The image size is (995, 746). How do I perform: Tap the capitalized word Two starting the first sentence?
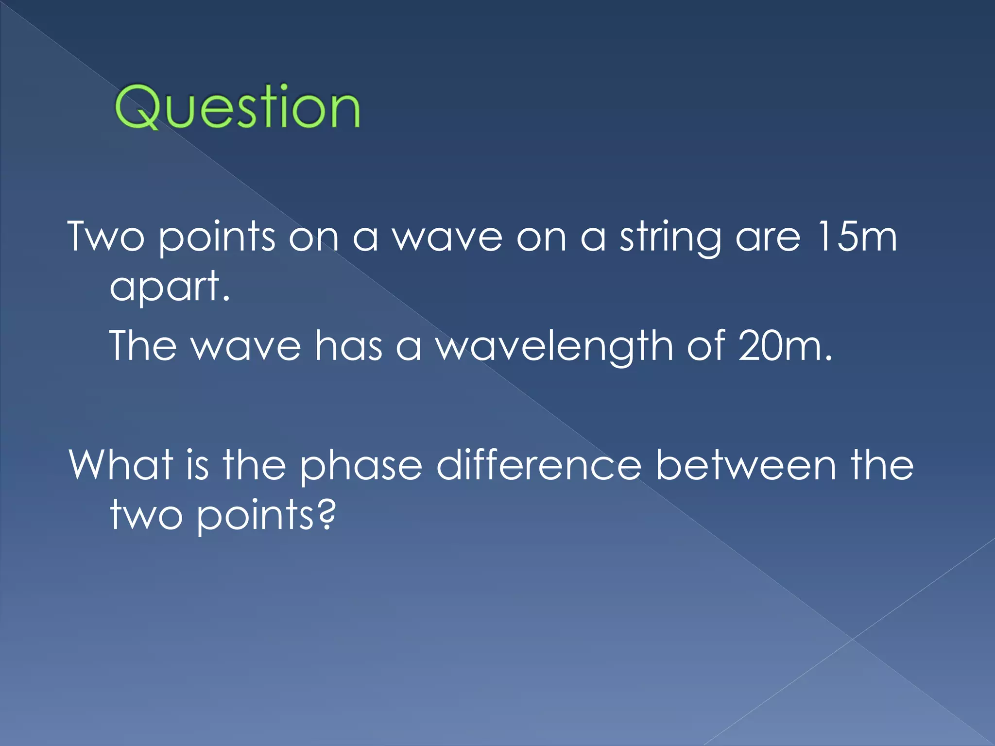coord(106,237)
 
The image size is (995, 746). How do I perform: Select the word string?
coord(670,238)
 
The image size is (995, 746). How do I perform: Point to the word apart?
coord(169,288)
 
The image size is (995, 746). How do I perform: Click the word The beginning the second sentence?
coord(143,345)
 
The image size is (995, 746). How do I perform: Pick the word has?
coord(348,345)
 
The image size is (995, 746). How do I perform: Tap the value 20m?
coord(784,345)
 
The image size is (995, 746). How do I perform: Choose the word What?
coord(120,465)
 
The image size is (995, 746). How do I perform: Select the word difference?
coord(539,465)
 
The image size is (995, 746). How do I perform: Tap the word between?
coord(745,465)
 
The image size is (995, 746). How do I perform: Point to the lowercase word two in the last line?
coord(146,516)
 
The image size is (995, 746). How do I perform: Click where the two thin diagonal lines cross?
coord(853,639)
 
